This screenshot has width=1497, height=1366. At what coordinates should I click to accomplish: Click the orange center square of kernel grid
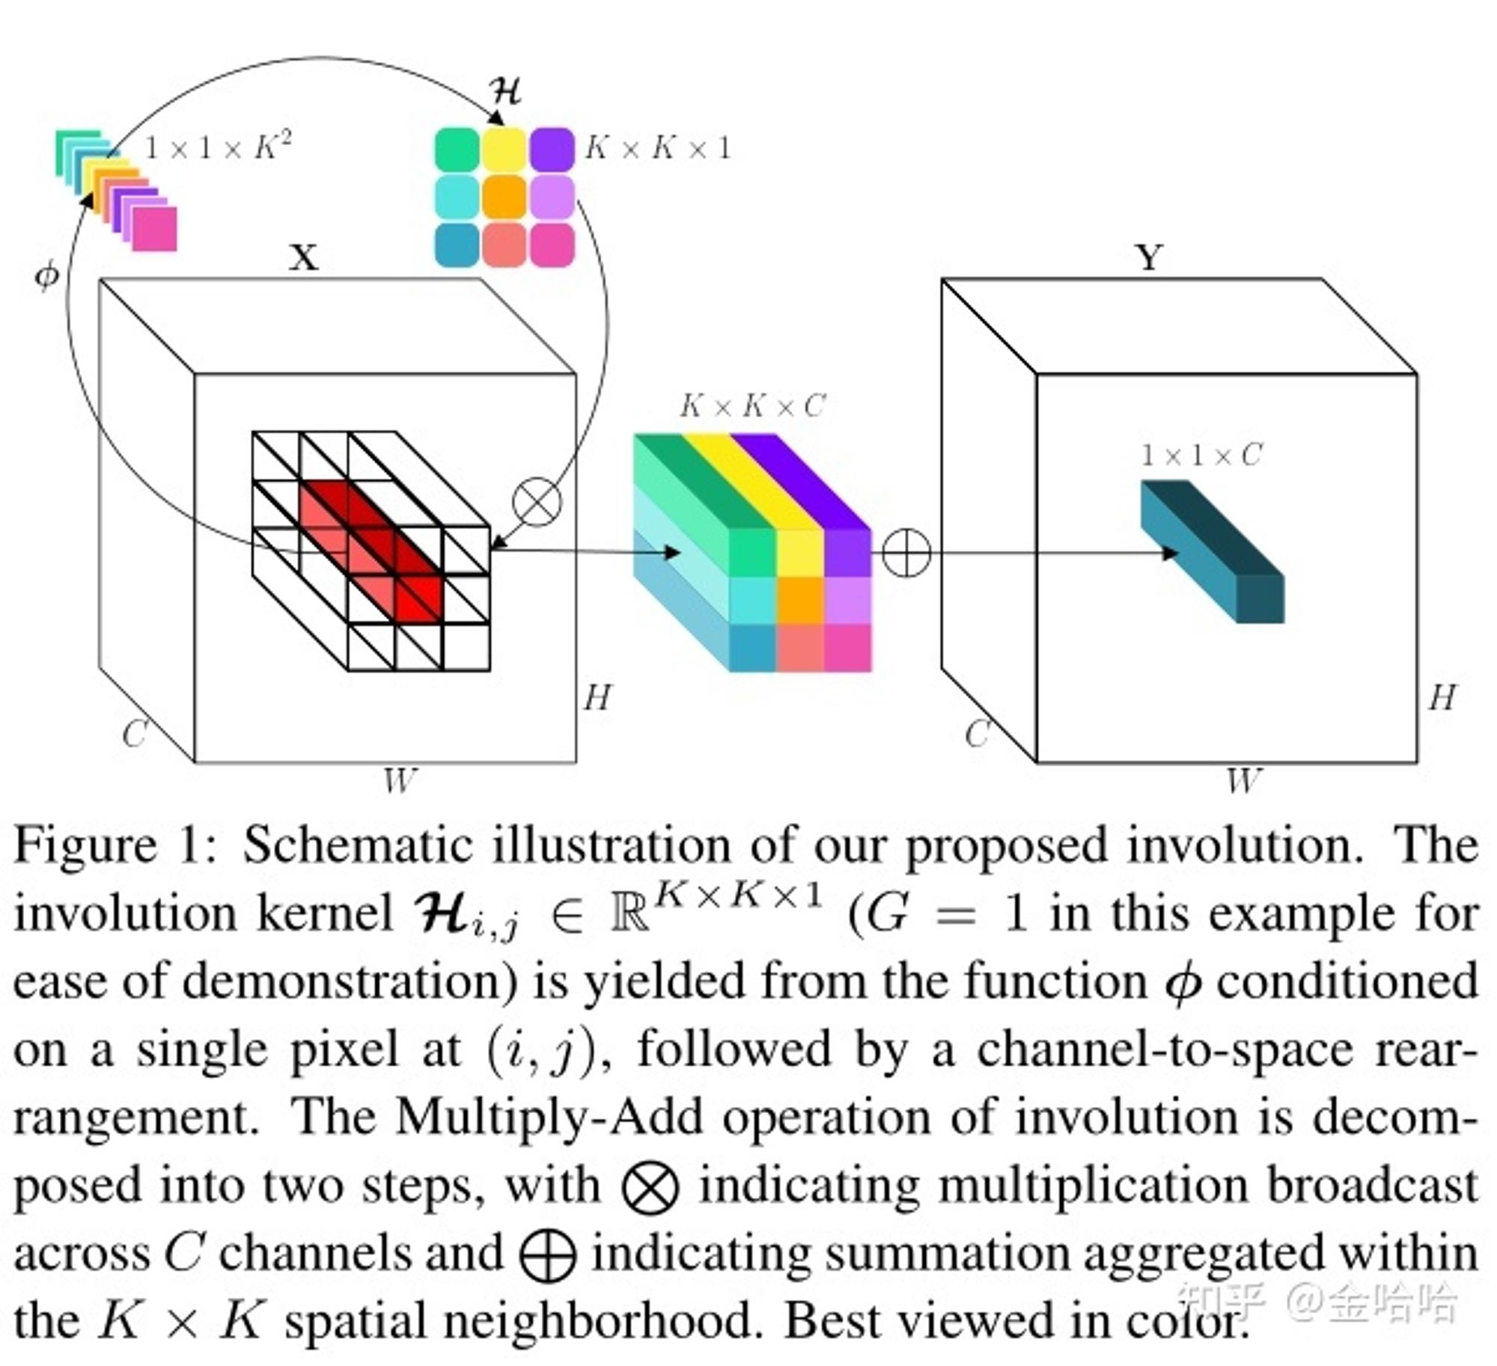tap(504, 197)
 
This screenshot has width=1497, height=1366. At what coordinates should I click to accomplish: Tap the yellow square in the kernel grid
tap(504, 150)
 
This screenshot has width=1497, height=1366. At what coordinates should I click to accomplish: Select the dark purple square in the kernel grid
tap(552, 150)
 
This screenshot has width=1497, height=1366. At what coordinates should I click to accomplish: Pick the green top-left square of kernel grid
tap(457, 150)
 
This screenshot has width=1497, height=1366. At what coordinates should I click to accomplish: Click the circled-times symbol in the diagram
tap(537, 501)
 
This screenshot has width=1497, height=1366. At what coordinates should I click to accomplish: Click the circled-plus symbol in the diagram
tap(906, 554)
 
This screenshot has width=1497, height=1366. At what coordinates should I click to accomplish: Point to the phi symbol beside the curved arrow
tap(46, 276)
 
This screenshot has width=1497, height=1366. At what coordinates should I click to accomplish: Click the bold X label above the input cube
tap(304, 258)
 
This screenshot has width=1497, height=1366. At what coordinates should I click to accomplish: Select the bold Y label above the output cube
tap(1150, 258)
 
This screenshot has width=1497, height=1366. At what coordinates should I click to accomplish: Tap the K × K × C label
tap(753, 406)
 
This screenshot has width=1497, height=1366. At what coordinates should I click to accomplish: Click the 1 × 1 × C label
tap(1202, 455)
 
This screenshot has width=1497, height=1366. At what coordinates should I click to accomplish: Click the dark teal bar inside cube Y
tap(1213, 551)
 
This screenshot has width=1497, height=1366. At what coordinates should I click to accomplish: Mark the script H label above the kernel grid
tap(505, 91)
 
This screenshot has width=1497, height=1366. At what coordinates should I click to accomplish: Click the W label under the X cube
tap(399, 781)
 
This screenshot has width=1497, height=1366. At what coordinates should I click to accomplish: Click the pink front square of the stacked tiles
tap(155, 228)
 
